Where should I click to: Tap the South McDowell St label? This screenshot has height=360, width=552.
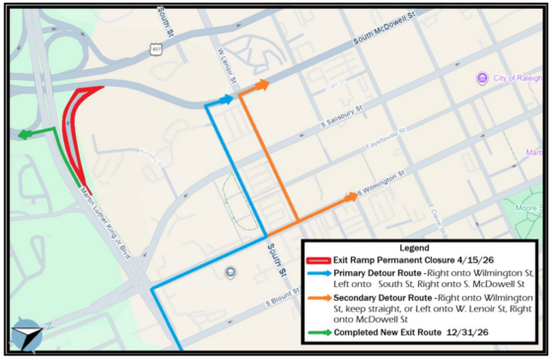384,29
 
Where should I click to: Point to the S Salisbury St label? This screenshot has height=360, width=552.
341,116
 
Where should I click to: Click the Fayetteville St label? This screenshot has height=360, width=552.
386,139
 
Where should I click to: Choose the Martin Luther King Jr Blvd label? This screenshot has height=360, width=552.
106,225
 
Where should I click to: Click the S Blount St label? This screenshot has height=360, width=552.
283,302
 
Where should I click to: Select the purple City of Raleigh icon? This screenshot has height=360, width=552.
482,79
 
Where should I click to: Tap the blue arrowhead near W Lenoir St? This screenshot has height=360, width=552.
227,99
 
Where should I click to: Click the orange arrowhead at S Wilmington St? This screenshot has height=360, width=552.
351,197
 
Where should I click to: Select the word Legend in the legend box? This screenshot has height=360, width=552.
414,248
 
